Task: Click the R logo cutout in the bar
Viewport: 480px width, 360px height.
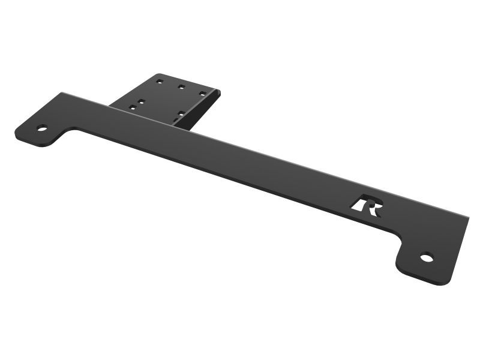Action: [x=367, y=205]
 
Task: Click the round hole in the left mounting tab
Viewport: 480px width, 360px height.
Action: [x=42, y=128]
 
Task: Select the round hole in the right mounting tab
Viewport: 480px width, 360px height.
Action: [x=427, y=258]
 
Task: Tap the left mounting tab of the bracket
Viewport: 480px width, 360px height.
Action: [x=40, y=130]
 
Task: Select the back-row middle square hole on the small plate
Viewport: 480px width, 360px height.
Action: [x=181, y=86]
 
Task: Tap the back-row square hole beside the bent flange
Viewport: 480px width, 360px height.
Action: [x=203, y=94]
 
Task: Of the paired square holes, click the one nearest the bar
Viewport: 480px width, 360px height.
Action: [x=133, y=107]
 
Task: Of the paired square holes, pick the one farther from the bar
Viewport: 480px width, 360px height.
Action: [x=140, y=101]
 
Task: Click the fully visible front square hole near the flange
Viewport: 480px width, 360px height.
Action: [x=180, y=113]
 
